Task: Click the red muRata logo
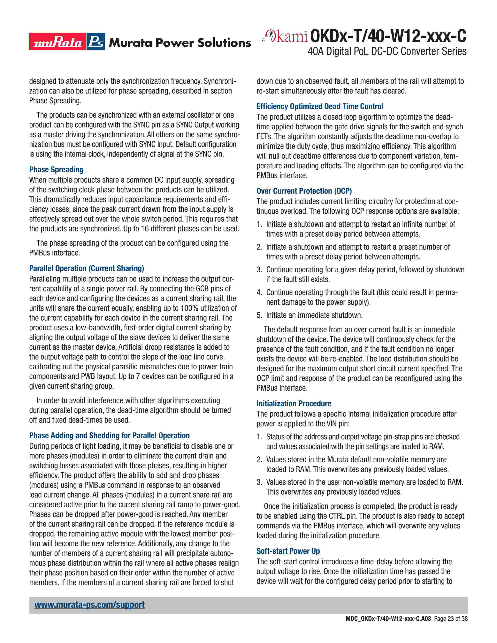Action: pyautogui.click(x=58, y=42)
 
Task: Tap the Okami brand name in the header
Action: pyautogui.click(x=285, y=36)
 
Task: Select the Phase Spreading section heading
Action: pyautogui.click(x=56, y=170)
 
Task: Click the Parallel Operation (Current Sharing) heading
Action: pyautogui.click(x=87, y=268)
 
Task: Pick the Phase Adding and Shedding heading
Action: pyautogui.click(x=109, y=435)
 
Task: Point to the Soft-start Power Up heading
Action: pyautogui.click(x=288, y=551)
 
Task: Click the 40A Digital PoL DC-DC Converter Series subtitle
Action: pyautogui.click(x=387, y=51)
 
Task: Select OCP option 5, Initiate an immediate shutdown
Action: pyautogui.click(x=314, y=315)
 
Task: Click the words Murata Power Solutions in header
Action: pyautogui.click(x=180, y=43)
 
